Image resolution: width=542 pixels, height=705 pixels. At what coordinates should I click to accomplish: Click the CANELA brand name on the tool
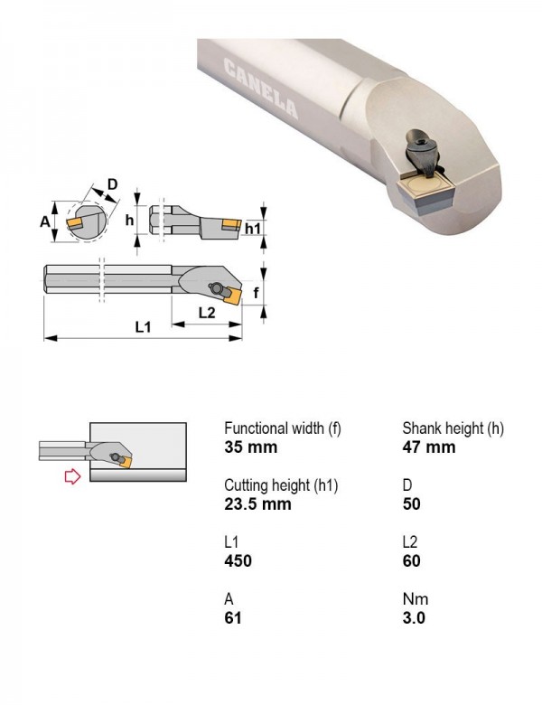(x=261, y=89)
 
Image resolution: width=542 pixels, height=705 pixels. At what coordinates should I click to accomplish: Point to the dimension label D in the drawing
(x=112, y=183)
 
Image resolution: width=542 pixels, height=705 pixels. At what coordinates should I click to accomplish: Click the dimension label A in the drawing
(x=45, y=221)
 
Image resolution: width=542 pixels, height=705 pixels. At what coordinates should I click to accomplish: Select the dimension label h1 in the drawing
(x=253, y=229)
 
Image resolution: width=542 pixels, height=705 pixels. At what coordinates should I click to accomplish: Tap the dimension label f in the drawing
(x=257, y=293)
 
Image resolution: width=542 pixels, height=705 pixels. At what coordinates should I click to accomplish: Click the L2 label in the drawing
(x=207, y=312)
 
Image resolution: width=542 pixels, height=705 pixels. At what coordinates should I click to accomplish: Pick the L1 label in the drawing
(x=144, y=327)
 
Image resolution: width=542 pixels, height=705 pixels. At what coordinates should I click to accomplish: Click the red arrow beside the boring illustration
(x=73, y=476)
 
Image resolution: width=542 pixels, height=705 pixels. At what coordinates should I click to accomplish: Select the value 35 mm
(x=251, y=447)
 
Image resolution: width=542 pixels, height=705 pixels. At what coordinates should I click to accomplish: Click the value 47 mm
(x=429, y=447)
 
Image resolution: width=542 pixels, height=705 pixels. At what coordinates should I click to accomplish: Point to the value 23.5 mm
(x=258, y=504)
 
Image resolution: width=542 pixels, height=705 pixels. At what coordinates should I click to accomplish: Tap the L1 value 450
(x=238, y=561)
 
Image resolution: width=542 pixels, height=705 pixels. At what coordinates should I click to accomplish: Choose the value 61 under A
(x=233, y=618)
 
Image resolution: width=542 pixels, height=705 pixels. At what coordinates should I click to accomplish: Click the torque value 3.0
(x=414, y=618)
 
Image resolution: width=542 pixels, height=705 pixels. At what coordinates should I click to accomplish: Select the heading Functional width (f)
(x=283, y=428)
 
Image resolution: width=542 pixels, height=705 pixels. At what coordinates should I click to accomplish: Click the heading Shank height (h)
(x=453, y=428)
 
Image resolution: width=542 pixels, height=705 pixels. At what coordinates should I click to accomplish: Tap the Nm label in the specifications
(x=416, y=599)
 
